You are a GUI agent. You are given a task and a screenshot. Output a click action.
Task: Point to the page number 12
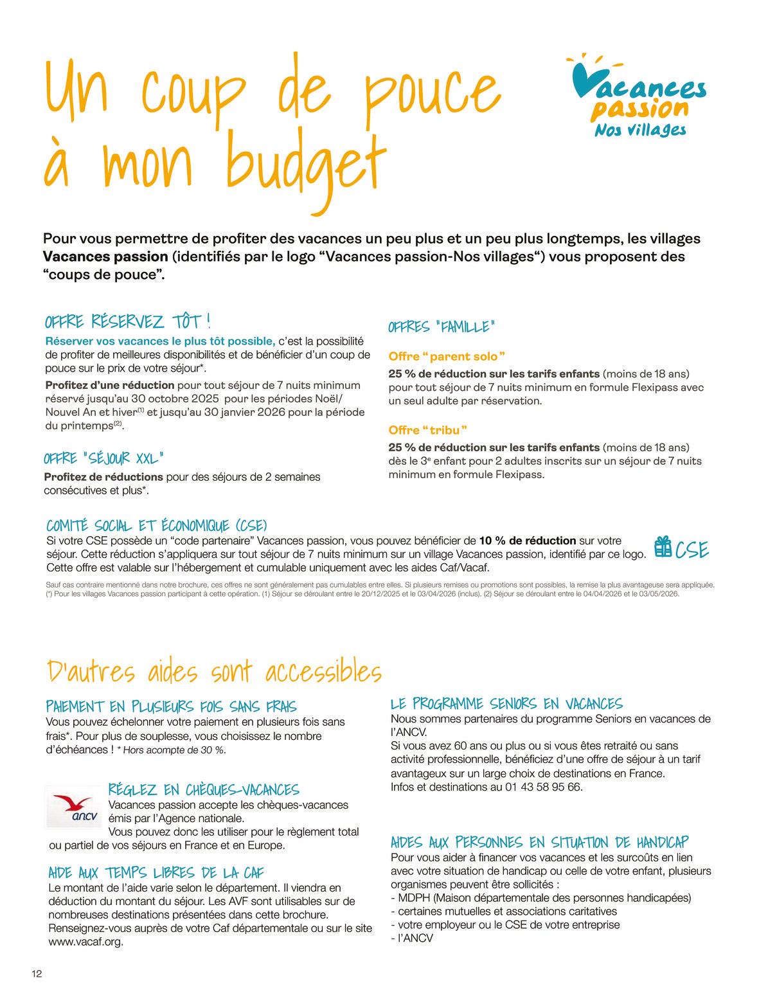tap(37, 974)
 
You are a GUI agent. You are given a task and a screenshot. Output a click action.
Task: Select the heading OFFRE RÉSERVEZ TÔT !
tap(128, 321)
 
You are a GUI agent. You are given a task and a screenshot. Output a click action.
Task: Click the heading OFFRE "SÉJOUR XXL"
tap(103, 458)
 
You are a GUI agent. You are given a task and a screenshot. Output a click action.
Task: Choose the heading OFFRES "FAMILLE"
tap(442, 327)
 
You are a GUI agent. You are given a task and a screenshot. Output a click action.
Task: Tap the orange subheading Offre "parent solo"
tap(447, 356)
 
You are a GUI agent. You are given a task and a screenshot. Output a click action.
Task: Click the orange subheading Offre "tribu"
tap(427, 430)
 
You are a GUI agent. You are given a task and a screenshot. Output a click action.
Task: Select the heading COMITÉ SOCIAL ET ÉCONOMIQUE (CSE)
tap(157, 526)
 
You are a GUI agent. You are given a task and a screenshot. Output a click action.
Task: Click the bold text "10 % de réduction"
tap(527, 541)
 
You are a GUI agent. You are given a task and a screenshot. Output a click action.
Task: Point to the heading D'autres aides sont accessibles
tap(215, 672)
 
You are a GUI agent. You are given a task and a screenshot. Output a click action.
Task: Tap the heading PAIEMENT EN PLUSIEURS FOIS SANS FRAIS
tap(172, 707)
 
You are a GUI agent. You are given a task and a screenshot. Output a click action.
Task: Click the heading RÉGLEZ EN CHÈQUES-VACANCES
tap(204, 789)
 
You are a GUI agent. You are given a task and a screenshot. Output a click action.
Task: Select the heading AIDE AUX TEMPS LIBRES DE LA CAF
tap(156, 872)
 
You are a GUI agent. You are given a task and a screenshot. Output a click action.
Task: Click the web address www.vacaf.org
tap(85, 942)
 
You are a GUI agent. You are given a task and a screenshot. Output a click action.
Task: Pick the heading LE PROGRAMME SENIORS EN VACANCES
tap(506, 704)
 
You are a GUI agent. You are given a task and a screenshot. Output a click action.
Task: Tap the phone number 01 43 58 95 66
tap(544, 787)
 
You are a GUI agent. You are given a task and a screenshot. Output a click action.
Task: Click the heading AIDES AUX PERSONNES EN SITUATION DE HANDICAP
tap(539, 842)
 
